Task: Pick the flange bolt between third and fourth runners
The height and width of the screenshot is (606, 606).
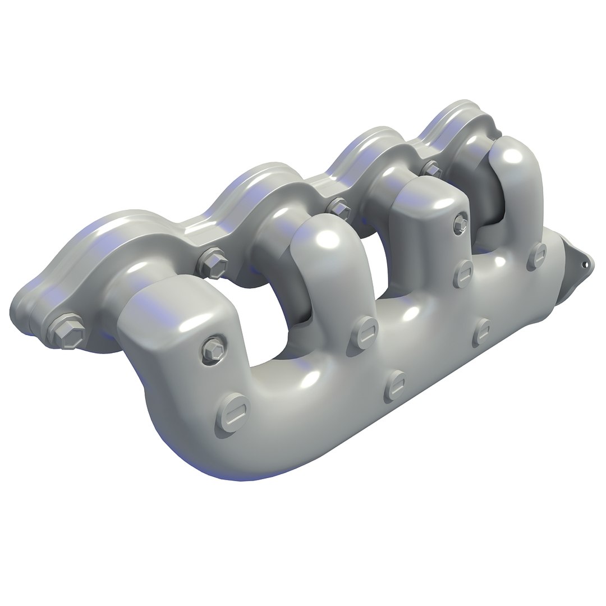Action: click(x=431, y=168)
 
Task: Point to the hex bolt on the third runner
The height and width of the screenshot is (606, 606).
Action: click(x=460, y=223)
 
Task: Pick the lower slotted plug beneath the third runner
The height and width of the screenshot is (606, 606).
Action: click(x=482, y=332)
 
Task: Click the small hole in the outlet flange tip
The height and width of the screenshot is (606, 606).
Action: click(x=587, y=263)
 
